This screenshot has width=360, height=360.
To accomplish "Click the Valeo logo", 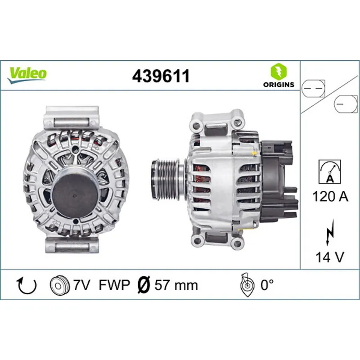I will pyautogui.click(x=27, y=73).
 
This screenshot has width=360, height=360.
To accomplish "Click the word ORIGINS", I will pyautogui.click(x=278, y=84).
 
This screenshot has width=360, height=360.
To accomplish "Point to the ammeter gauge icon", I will pyautogui.click(x=329, y=171).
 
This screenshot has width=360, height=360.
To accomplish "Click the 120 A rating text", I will pyautogui.click(x=329, y=196).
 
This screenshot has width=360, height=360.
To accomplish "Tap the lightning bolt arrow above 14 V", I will pyautogui.click(x=330, y=235).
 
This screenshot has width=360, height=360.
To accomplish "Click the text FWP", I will pyautogui.click(x=114, y=285).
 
